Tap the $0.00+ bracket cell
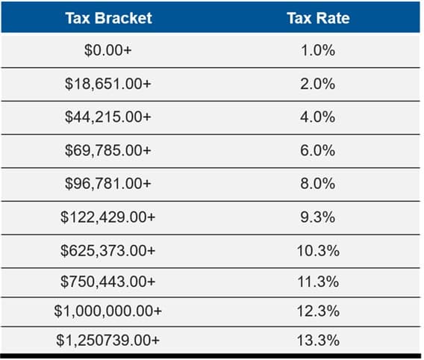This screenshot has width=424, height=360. (x=107, y=52)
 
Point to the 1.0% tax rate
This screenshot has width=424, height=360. (x=318, y=52)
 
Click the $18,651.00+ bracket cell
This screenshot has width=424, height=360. (x=107, y=84)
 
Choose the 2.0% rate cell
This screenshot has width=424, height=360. (x=318, y=84)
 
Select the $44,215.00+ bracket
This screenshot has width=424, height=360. (x=107, y=117)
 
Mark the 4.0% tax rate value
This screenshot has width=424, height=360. (x=318, y=117)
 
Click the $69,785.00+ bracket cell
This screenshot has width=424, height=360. (x=107, y=150)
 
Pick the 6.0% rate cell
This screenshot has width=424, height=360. (x=318, y=150)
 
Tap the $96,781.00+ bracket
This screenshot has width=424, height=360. (x=107, y=183)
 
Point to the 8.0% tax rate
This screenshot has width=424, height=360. (x=318, y=183)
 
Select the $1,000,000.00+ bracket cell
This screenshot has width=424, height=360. (x=107, y=310)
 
